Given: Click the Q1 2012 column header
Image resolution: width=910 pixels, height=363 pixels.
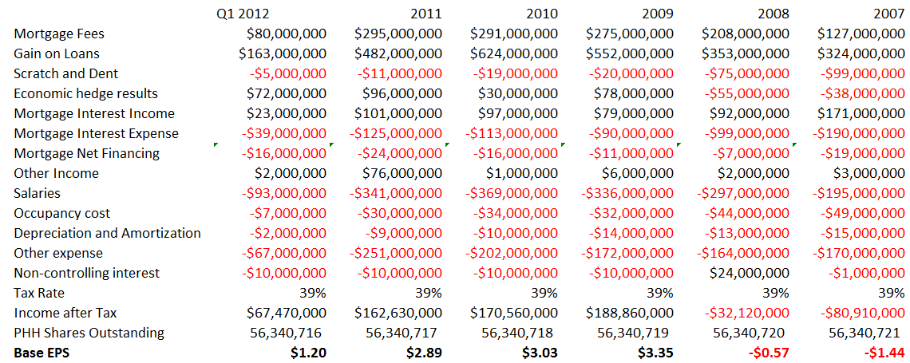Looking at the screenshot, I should (x=243, y=14).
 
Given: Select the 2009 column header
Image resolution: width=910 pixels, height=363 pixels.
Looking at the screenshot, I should (x=658, y=14).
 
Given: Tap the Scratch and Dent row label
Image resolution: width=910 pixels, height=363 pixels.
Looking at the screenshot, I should (x=65, y=73).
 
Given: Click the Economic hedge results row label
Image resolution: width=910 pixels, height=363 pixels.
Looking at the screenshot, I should (x=85, y=93).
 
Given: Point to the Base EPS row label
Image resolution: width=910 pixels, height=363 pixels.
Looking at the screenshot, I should (x=42, y=353).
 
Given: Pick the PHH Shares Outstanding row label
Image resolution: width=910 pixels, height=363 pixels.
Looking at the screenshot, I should (x=89, y=333).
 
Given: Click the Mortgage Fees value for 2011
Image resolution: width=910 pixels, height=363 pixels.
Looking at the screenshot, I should (x=398, y=34).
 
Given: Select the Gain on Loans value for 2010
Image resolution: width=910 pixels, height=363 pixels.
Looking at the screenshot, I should (x=514, y=53).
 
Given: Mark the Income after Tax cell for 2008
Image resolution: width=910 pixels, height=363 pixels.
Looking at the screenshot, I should (x=742, y=313).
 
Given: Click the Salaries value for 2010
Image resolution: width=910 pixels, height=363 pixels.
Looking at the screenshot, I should (x=512, y=193).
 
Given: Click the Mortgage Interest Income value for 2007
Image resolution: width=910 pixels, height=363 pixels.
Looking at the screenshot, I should (x=861, y=113).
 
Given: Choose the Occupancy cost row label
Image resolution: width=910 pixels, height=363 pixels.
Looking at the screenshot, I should (x=61, y=213).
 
